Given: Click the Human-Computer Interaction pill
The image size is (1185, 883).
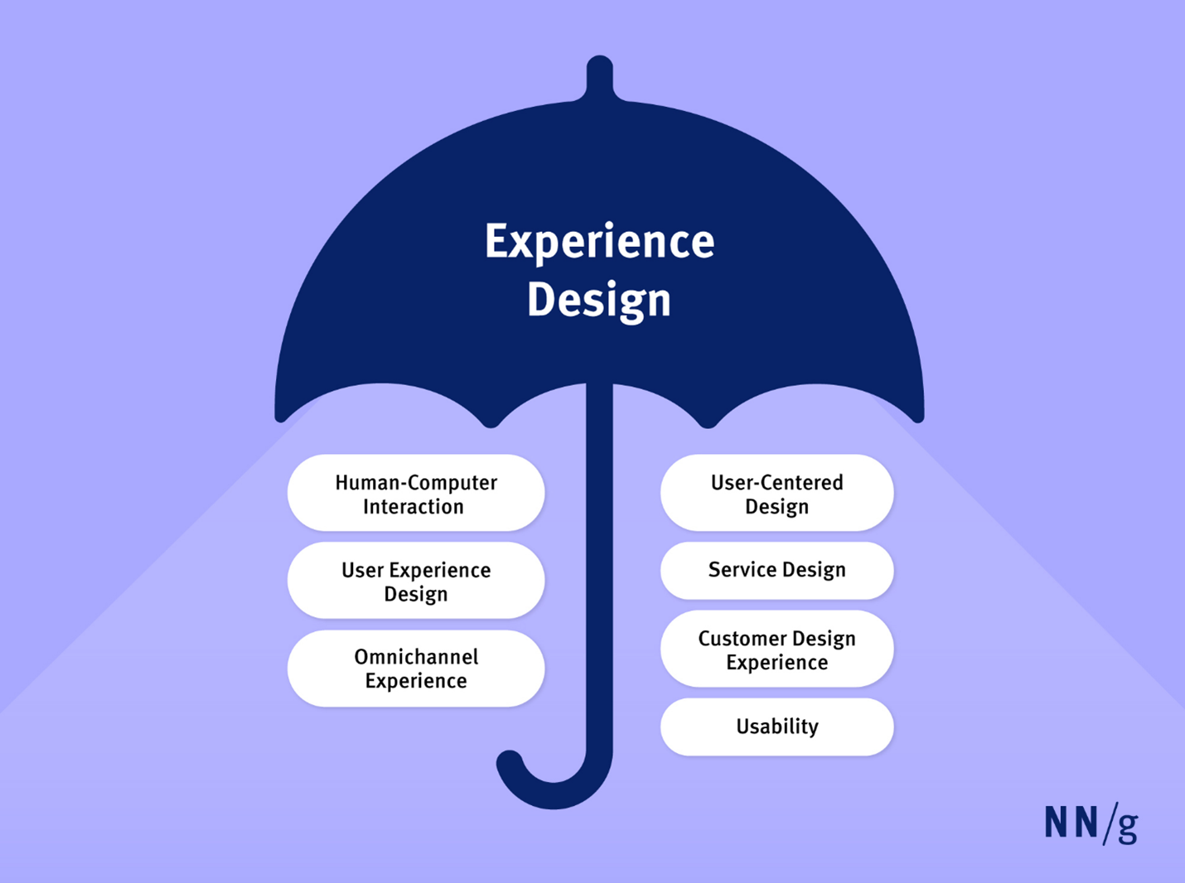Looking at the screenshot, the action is click(416, 493).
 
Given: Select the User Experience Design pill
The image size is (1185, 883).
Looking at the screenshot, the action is click(416, 581).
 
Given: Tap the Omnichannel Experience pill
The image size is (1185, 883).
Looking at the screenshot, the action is click(416, 668).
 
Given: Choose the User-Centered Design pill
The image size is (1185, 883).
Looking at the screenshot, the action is click(776, 493).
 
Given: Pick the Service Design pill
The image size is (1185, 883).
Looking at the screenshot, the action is click(776, 570).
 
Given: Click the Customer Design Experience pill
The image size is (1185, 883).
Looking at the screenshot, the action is click(776, 649).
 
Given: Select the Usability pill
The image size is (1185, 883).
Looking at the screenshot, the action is click(776, 726).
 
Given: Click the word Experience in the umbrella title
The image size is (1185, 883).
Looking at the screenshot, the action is click(599, 243).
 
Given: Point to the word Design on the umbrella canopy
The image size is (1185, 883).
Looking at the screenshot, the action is click(598, 301).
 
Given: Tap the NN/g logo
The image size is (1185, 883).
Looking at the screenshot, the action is click(1091, 823).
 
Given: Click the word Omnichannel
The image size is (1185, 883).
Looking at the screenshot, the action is click(416, 656).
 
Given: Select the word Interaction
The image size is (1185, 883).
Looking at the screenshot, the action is click(413, 506).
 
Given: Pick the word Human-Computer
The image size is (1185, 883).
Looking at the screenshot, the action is click(416, 483).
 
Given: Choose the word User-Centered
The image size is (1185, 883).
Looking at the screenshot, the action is click(776, 482).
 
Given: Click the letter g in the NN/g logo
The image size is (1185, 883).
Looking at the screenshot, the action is click(1127, 828).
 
